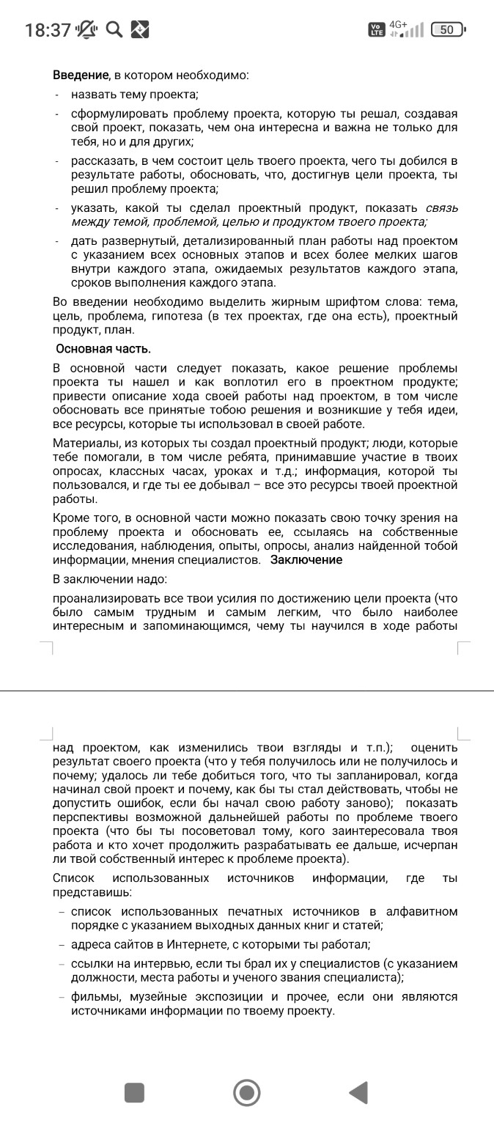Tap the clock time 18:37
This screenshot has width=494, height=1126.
pyautogui.click(x=48, y=30)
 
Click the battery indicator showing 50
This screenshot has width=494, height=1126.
pyautogui.click(x=447, y=30)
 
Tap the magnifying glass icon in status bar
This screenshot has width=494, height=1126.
pyautogui.click(x=114, y=29)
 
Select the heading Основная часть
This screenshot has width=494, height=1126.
pyautogui.click(x=103, y=348)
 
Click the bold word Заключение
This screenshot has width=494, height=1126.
pyautogui.click(x=306, y=560)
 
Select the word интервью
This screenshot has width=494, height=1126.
pyautogui.click(x=174, y=963)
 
